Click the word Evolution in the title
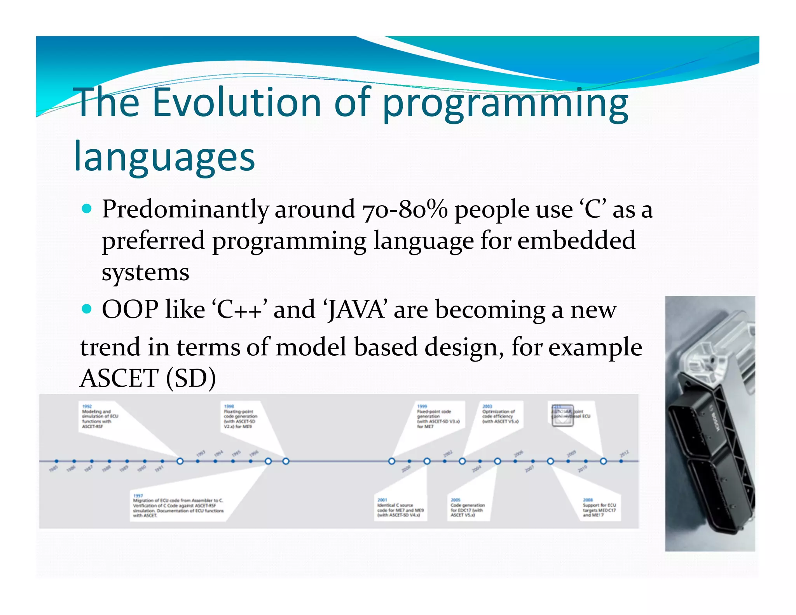(236, 102)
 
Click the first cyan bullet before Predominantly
(87, 209)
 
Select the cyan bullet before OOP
(87, 309)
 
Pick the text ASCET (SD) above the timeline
(148, 378)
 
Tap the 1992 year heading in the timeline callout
(87, 406)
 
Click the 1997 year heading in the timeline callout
(138, 496)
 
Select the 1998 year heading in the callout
(229, 406)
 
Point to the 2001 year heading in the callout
(382, 500)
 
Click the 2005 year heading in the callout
(456, 500)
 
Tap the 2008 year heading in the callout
(588, 500)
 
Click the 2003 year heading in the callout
(487, 406)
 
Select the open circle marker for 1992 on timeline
(180, 461)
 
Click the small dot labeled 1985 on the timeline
(56, 461)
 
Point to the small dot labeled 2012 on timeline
(621, 461)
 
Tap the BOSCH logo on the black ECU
(715, 421)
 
